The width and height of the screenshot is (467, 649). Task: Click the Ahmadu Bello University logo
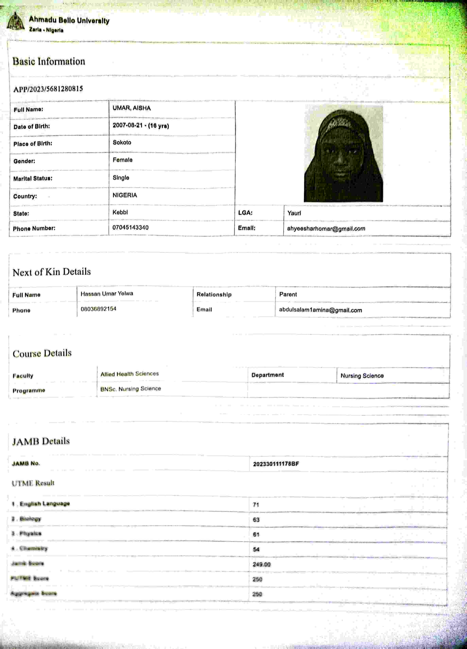tap(15, 22)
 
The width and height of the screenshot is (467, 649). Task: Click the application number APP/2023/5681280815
tap(48, 89)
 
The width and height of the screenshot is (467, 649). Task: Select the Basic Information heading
tap(49, 61)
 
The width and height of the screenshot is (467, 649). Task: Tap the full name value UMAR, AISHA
tap(131, 108)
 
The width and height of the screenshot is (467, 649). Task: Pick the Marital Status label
tap(33, 179)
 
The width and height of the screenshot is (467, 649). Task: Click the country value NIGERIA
tap(125, 195)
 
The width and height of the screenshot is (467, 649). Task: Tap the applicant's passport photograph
tap(343, 154)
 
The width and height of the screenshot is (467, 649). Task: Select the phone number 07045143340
tap(130, 227)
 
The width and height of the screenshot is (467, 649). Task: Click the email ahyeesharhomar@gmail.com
tap(326, 229)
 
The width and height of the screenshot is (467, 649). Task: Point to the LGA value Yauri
tap(294, 213)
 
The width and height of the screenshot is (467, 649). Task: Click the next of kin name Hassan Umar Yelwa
tap(107, 294)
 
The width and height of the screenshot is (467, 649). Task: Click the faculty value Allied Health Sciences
tap(130, 374)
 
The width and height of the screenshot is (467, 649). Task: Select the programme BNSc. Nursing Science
tap(130, 389)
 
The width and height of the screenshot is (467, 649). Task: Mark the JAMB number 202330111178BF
tap(276, 464)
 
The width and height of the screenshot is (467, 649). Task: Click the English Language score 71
tap(256, 505)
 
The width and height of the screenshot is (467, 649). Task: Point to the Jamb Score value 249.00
tap(261, 564)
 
